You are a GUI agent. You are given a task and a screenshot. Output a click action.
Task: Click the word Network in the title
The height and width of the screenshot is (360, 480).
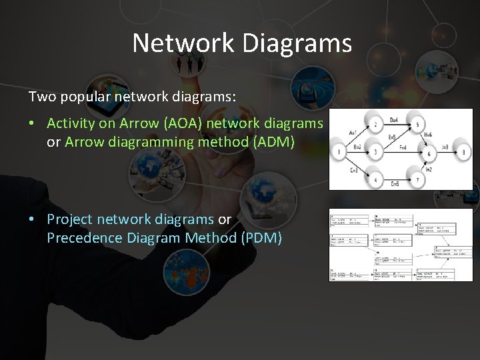click(x=183, y=43)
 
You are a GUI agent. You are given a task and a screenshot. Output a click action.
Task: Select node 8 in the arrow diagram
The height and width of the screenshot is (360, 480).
click(x=464, y=153)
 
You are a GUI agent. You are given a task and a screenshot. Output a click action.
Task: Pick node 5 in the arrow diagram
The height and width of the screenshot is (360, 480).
click(x=417, y=124)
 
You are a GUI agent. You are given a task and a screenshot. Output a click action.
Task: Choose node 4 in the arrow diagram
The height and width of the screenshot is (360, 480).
click(x=375, y=180)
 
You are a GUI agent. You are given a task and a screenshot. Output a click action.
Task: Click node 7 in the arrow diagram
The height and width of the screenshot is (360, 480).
click(x=417, y=180)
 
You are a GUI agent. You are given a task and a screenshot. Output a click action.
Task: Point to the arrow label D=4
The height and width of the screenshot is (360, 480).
click(x=395, y=119)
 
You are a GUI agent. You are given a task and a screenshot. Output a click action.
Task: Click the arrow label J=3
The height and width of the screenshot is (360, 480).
click(x=445, y=147)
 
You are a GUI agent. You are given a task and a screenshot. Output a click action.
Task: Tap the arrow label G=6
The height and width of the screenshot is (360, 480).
click(x=395, y=184)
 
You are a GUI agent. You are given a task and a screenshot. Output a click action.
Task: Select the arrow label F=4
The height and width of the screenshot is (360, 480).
click(x=403, y=146)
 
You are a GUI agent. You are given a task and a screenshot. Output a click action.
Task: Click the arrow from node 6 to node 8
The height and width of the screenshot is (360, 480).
click(x=446, y=153)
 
